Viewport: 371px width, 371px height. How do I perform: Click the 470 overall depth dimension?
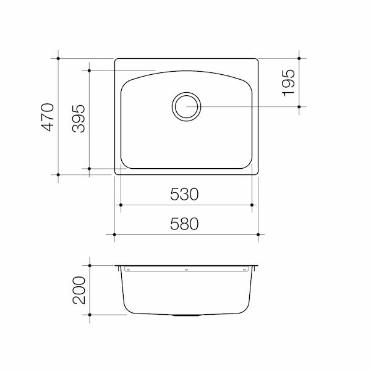pos(49,117)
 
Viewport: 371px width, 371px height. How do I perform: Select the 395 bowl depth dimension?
pos(79,117)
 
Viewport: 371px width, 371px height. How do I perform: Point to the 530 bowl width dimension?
pos(185,195)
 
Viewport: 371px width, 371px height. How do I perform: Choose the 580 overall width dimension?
pos(185,224)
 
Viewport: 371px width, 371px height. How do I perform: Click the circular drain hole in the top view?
pos(185,106)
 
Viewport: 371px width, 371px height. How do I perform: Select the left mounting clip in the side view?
pos(127,270)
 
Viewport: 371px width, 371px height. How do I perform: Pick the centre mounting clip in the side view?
pos(185,270)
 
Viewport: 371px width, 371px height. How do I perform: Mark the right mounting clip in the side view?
pos(244,270)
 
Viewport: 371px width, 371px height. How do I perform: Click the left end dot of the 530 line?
pos(120,205)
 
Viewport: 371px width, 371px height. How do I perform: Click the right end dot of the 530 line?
pos(252,205)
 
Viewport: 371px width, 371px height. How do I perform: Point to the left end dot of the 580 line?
pos(114,235)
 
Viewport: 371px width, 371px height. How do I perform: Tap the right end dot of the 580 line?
pos(258,235)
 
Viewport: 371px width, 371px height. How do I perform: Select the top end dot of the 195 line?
pos(299,59)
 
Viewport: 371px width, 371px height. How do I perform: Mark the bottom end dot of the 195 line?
pos(299,106)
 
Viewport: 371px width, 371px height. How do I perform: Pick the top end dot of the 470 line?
pos(59,59)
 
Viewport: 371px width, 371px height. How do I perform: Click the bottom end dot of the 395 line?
pos(89,168)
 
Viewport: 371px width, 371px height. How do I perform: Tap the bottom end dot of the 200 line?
pos(90,315)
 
